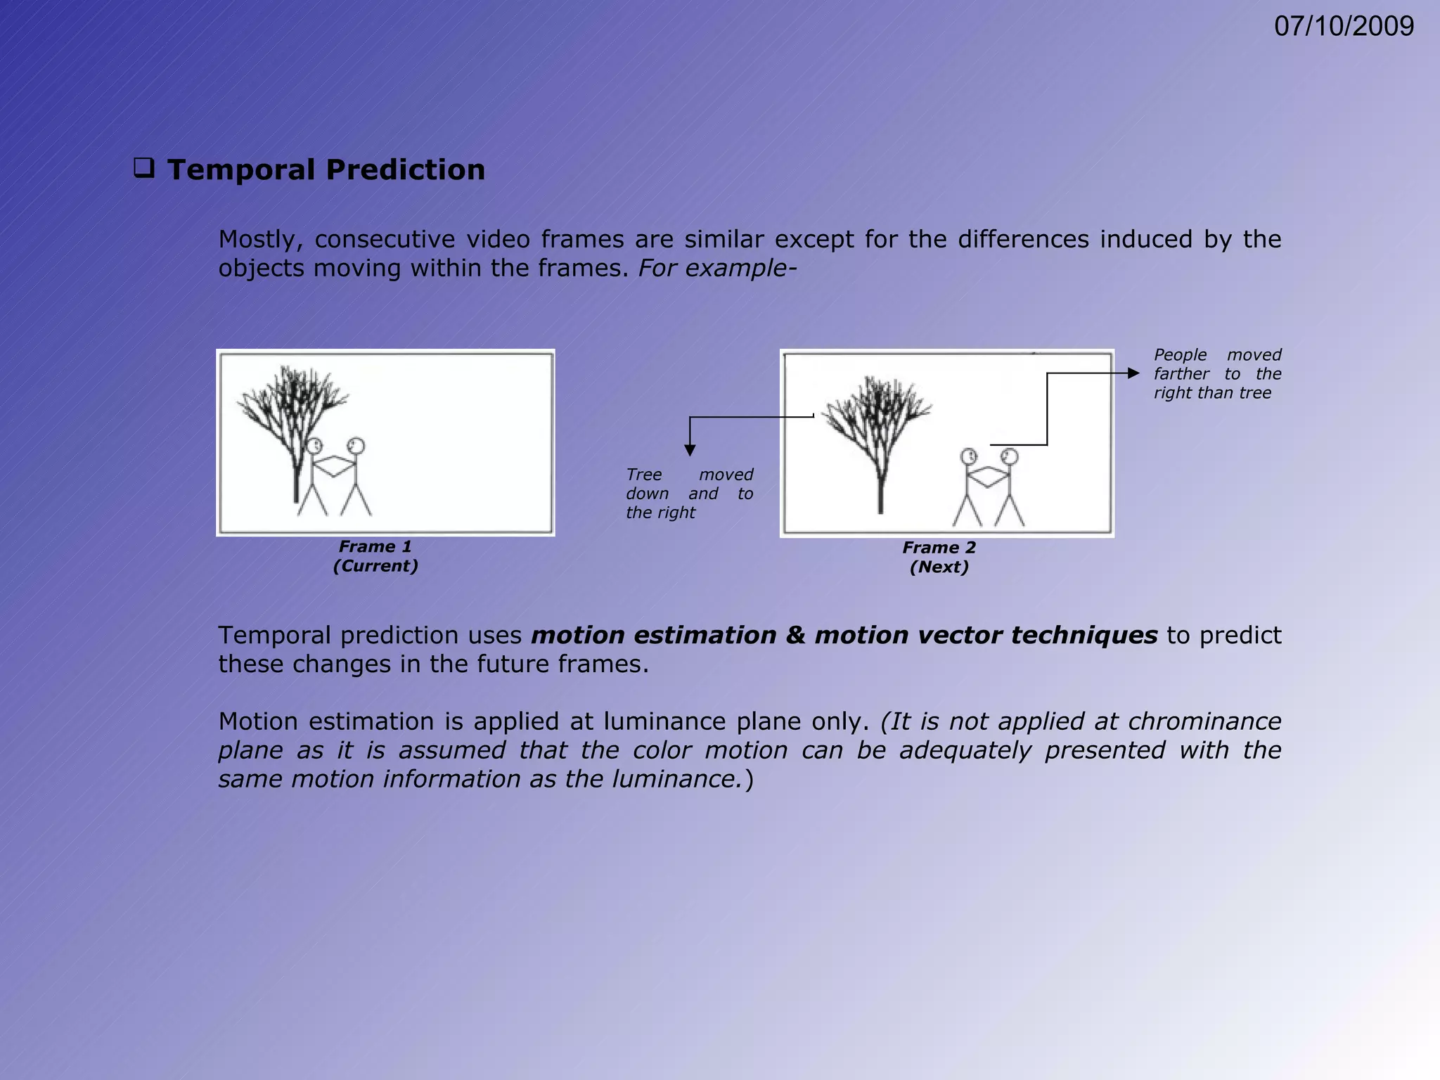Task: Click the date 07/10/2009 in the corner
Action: click(1344, 27)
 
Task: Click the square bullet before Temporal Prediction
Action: click(144, 169)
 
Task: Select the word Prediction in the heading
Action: click(406, 170)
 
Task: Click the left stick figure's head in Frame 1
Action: click(314, 446)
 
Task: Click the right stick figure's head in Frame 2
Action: click(1010, 457)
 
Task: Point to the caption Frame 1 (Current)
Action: click(375, 556)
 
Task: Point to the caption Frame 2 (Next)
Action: click(939, 558)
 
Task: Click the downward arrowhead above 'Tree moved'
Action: click(690, 450)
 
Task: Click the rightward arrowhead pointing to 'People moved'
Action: click(1133, 373)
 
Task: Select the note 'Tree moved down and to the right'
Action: click(689, 494)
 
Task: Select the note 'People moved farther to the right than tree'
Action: click(1217, 374)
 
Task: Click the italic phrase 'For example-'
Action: click(717, 269)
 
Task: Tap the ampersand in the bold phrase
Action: click(795, 636)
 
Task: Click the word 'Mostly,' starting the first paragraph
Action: click(260, 240)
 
